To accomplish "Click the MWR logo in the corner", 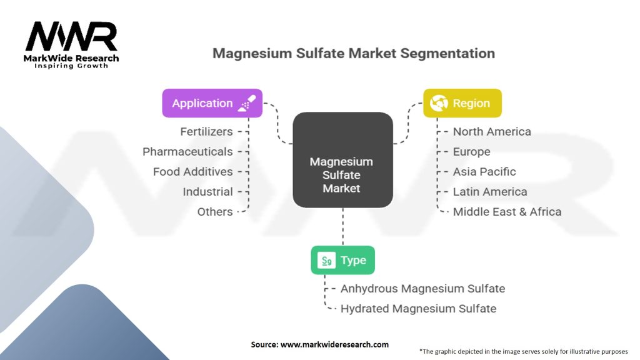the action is pyautogui.click(x=72, y=44).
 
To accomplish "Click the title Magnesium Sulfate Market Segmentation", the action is pyautogui.click(x=353, y=53).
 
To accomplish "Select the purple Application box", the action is pyautogui.click(x=212, y=103).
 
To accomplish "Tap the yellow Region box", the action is pyautogui.click(x=462, y=103).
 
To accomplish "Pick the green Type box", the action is pyautogui.click(x=342, y=260).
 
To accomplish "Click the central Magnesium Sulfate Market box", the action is pyautogui.click(x=342, y=174).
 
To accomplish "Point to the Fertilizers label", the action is pyautogui.click(x=206, y=131).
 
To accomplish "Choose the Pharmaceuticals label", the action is pyautogui.click(x=187, y=151).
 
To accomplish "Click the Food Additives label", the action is pyautogui.click(x=192, y=171).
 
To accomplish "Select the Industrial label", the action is pyautogui.click(x=207, y=191).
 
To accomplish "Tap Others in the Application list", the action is pyautogui.click(x=215, y=211).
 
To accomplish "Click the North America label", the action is pyautogui.click(x=492, y=131).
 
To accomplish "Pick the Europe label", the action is pyautogui.click(x=471, y=151).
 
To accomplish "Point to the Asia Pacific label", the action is pyautogui.click(x=484, y=171).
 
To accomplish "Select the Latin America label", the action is pyautogui.click(x=490, y=191).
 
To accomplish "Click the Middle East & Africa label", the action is pyautogui.click(x=507, y=211).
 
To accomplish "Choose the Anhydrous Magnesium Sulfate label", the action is pyautogui.click(x=422, y=288).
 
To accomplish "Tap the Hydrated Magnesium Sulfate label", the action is pyautogui.click(x=418, y=308).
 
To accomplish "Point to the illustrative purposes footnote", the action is pyautogui.click(x=523, y=351).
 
